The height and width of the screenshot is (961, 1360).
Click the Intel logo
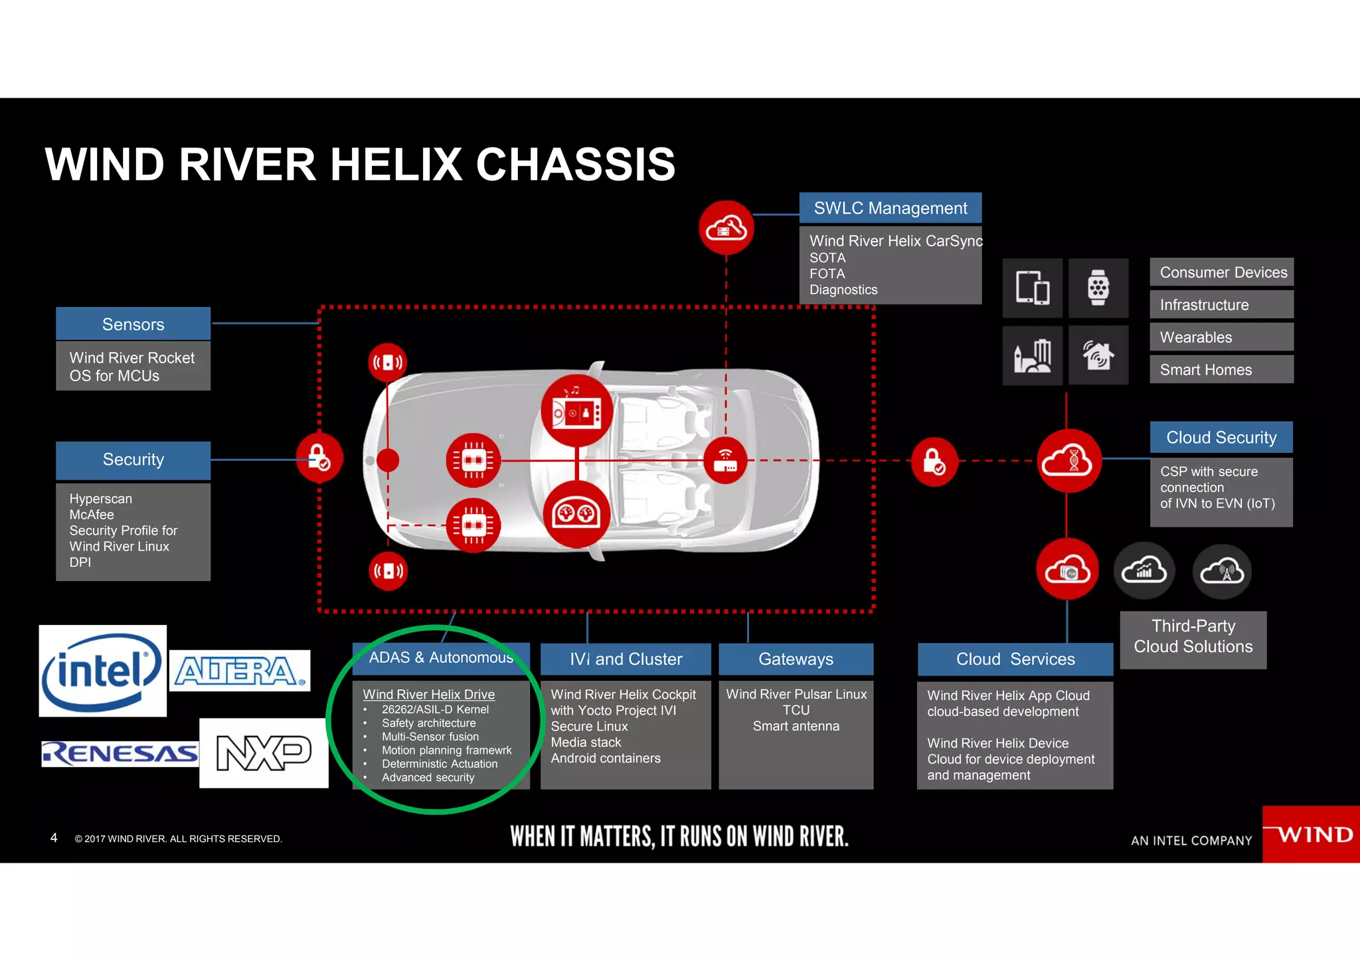click(x=102, y=671)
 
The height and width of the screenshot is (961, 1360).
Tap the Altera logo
click(x=240, y=671)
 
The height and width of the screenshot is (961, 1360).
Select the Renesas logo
click(x=120, y=754)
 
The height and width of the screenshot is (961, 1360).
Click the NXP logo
click(x=264, y=753)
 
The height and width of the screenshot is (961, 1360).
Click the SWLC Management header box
click(x=890, y=209)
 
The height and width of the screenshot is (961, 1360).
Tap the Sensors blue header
click(x=133, y=324)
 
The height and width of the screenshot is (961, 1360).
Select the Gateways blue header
click(x=796, y=659)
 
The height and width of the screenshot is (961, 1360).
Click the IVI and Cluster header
click(x=626, y=659)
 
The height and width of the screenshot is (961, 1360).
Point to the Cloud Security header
click(x=1221, y=438)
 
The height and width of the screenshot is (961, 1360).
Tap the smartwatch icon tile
click(x=1098, y=288)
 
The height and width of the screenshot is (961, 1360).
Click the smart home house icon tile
click(x=1098, y=355)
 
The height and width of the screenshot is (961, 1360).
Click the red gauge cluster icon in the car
click(x=576, y=514)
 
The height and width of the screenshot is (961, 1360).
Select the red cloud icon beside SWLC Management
click(x=726, y=228)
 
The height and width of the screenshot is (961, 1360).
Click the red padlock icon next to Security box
click(x=319, y=458)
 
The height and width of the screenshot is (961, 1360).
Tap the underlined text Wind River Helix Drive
click(x=428, y=694)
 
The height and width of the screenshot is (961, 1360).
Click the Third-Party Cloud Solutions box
click(x=1193, y=636)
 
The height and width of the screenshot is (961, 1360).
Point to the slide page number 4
click(x=54, y=838)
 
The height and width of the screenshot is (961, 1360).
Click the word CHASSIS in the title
click(x=575, y=165)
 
